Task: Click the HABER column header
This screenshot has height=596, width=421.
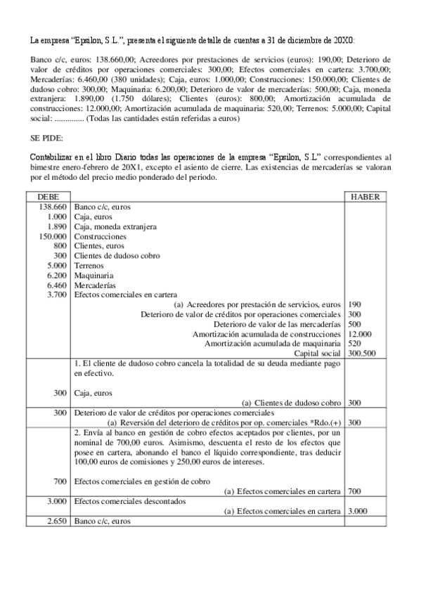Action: coord(364,197)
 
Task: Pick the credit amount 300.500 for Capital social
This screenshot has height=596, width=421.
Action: coord(363,354)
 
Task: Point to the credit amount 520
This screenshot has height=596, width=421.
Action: coord(355,344)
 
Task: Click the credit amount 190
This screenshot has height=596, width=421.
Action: coord(355,304)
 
